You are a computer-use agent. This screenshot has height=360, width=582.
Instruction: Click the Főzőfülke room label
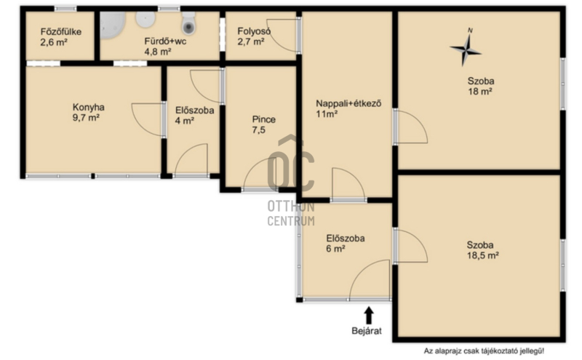pyautogui.click(x=61, y=32)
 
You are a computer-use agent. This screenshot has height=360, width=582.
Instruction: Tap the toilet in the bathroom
pyautogui.click(x=188, y=23)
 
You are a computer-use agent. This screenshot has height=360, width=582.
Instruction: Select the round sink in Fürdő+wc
pyautogui.click(x=145, y=20)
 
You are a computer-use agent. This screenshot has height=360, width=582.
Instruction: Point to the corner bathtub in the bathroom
pyautogui.click(x=113, y=25)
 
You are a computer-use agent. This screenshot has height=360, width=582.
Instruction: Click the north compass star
pyautogui.click(x=466, y=48)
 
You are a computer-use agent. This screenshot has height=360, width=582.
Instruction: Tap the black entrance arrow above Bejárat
pyautogui.click(x=368, y=316)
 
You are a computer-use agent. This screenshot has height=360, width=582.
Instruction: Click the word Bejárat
pyautogui.click(x=367, y=331)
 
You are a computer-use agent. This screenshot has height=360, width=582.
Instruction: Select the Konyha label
pyautogui.click(x=88, y=108)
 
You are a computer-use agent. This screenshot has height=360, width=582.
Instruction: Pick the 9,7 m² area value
pyautogui.click(x=86, y=118)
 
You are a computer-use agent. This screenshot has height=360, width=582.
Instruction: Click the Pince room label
pyautogui.click(x=264, y=119)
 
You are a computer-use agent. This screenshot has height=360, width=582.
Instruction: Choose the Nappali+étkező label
pyautogui.click(x=348, y=103)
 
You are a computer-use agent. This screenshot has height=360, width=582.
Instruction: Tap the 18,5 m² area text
pyautogui.click(x=482, y=255)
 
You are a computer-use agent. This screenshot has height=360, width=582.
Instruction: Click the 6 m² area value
pyautogui.click(x=335, y=249)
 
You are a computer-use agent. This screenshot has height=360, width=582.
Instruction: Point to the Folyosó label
pyautogui.click(x=254, y=31)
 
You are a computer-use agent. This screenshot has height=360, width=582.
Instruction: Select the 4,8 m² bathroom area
pyautogui.click(x=158, y=52)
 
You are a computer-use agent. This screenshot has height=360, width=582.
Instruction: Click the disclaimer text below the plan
pyautogui.click(x=484, y=351)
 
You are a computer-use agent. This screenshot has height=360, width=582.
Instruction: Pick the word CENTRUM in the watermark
pyautogui.click(x=291, y=221)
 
